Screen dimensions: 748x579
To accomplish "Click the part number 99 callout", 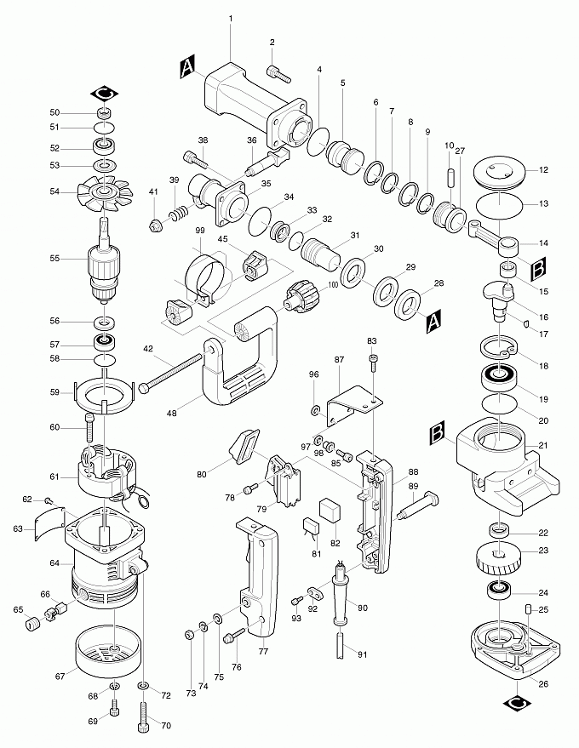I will [201, 231].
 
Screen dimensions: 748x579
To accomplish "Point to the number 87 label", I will [340, 361].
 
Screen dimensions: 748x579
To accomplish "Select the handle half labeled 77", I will [255, 579].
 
